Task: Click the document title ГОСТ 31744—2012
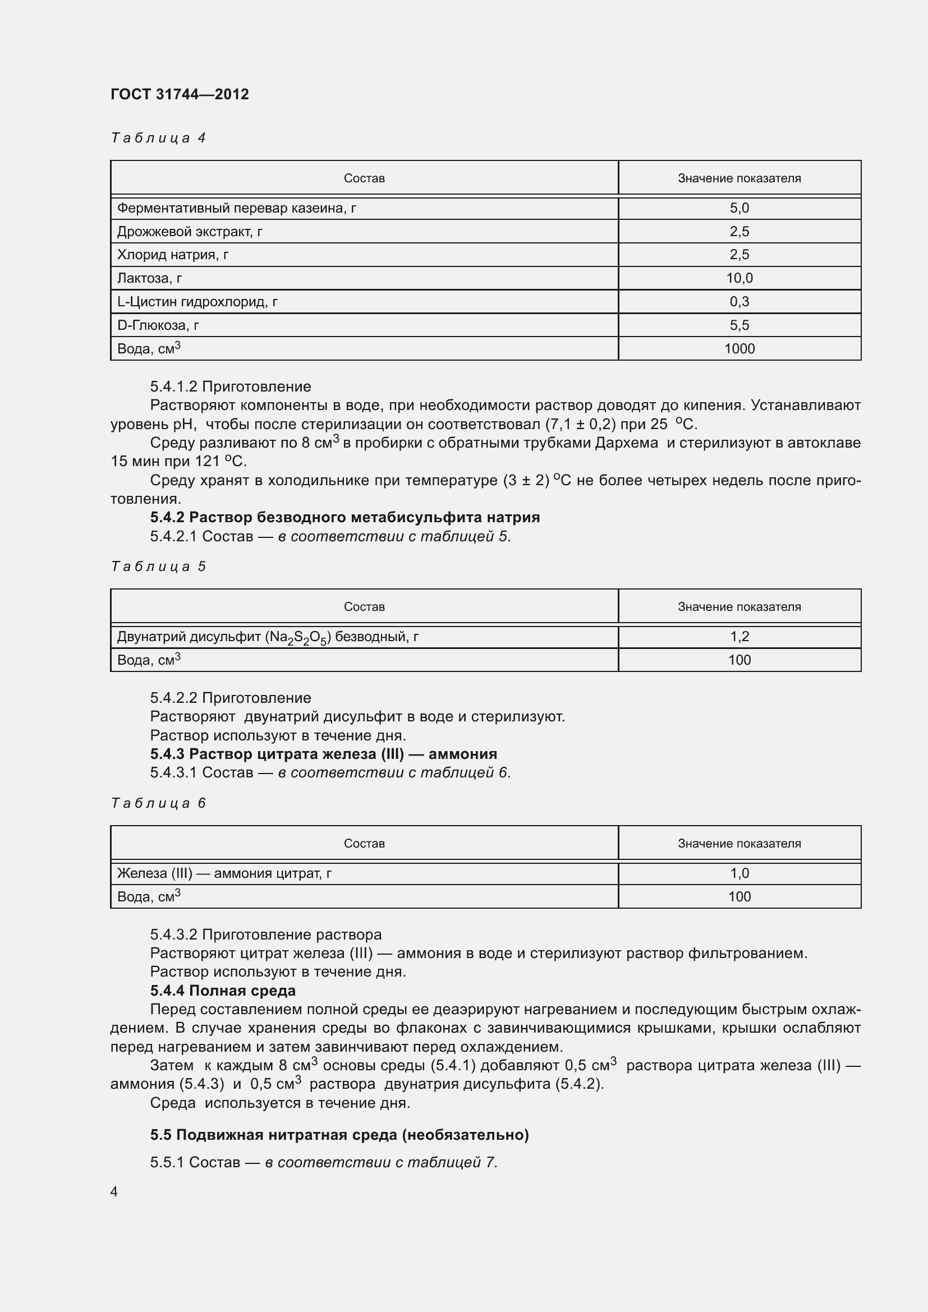pyautogui.click(x=180, y=94)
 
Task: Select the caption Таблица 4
pyautogui.click(x=158, y=138)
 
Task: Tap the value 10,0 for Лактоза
pyautogui.click(x=739, y=278)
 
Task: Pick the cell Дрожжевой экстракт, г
pyautogui.click(x=190, y=232)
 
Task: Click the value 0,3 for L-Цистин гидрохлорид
pyautogui.click(x=739, y=302)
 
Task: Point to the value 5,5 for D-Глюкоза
pyautogui.click(x=739, y=325)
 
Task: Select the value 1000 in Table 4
pyautogui.click(x=739, y=348)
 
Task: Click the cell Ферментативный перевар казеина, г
pyautogui.click(x=237, y=208)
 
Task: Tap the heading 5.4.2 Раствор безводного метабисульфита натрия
pyautogui.click(x=344, y=517)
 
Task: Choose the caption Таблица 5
pyautogui.click(x=158, y=567)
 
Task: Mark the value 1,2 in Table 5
pyautogui.click(x=739, y=637)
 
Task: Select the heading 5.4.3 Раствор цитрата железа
pyautogui.click(x=323, y=754)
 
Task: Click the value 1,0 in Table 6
pyautogui.click(x=739, y=873)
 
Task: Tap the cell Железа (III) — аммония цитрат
pyautogui.click(x=224, y=873)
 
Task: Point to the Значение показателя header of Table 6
pyautogui.click(x=739, y=844)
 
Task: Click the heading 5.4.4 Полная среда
pyautogui.click(x=223, y=990)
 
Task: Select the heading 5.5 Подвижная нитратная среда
pyautogui.click(x=339, y=1135)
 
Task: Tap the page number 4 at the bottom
pyautogui.click(x=114, y=1192)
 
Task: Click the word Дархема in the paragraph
pyautogui.click(x=626, y=443)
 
